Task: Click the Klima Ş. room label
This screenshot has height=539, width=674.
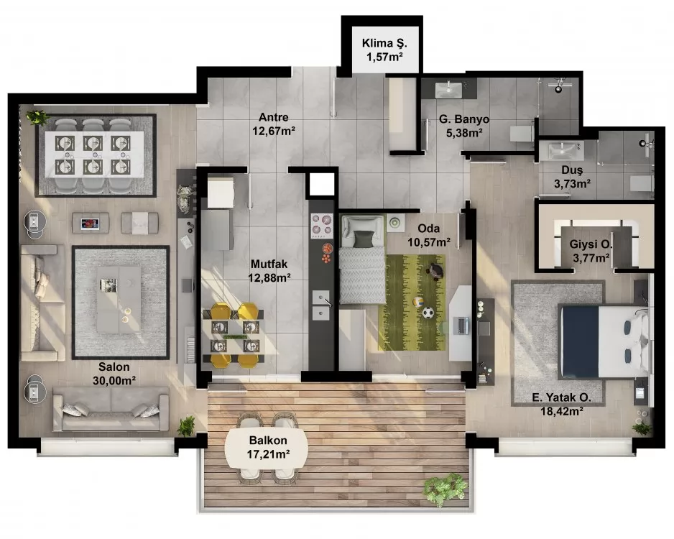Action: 382,42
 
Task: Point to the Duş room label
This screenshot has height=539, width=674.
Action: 573,171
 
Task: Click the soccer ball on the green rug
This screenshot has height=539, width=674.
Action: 428,313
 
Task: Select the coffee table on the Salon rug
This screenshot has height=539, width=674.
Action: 119,299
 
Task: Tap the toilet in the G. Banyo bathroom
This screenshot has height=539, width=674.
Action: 520,134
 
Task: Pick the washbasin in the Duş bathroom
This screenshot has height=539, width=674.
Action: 562,151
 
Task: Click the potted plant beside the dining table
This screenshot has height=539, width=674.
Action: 36,117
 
